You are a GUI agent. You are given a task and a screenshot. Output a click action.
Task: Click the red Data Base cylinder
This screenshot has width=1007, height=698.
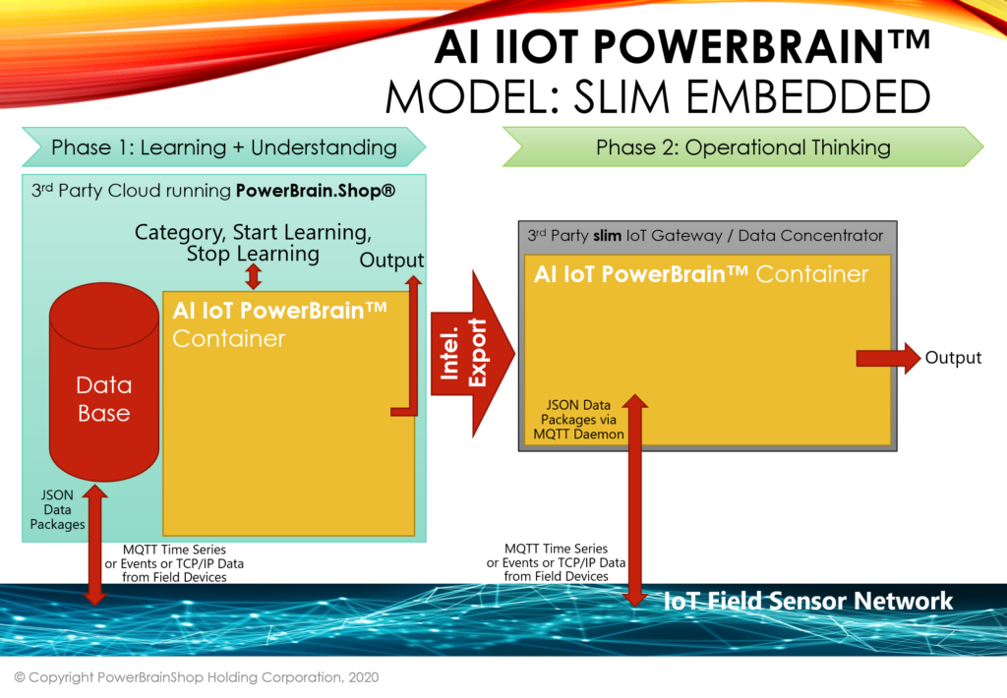coord(104,381)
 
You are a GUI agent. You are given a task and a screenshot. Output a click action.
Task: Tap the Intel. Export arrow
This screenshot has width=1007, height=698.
coord(472,354)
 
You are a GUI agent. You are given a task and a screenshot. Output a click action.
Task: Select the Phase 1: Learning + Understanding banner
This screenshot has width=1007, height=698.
coord(223,147)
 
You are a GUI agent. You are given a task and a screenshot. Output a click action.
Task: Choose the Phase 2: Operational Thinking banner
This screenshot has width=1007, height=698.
coord(743,147)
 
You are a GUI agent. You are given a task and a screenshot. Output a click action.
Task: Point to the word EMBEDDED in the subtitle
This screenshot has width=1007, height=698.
coord(808,97)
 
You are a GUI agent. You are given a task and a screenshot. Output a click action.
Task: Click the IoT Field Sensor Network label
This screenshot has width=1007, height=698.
coord(808,601)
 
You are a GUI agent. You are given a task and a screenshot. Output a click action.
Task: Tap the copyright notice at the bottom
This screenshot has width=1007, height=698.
coord(197,676)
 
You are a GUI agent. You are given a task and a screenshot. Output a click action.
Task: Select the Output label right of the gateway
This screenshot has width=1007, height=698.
coord(953,358)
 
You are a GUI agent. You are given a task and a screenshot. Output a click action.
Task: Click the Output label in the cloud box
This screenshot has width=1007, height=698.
coord(391,261)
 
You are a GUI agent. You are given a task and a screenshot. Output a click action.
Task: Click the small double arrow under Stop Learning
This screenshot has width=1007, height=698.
coord(254,276)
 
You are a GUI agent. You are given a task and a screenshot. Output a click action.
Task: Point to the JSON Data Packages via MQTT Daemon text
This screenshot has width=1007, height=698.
coord(578,420)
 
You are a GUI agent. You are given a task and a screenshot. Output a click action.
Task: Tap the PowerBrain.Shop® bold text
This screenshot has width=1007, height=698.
coord(316,191)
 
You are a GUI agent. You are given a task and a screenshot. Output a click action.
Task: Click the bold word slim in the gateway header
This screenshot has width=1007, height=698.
coord(607,236)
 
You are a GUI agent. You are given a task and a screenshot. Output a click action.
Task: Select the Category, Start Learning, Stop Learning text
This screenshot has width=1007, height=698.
coord(253,243)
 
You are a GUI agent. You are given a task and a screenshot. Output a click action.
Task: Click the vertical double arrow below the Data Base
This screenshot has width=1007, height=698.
coord(95,545)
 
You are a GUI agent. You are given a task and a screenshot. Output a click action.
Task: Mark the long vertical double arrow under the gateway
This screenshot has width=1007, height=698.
coord(635,500)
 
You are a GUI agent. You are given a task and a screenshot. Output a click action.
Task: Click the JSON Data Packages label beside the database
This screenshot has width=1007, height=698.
coord(57,509)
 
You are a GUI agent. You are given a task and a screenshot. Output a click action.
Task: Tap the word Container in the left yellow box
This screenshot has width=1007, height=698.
coord(228,338)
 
